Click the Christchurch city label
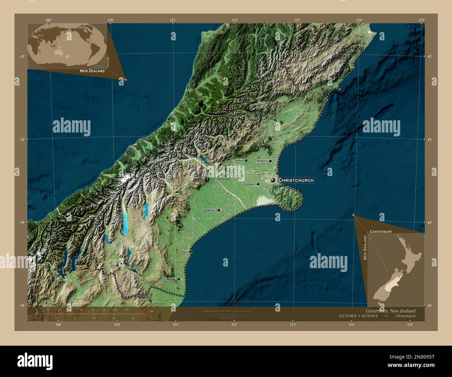point(296,180)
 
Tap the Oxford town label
point(239,161)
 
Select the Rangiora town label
point(262,161)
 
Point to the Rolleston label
point(249,184)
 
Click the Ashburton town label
point(210,210)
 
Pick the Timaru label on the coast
point(183,251)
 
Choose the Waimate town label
point(171,279)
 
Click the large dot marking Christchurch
point(273,180)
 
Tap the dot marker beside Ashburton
point(219,210)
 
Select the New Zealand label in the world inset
point(92,71)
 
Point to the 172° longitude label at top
point(235,20)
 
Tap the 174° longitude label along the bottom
point(352,324)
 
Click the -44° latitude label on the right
point(429,222)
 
